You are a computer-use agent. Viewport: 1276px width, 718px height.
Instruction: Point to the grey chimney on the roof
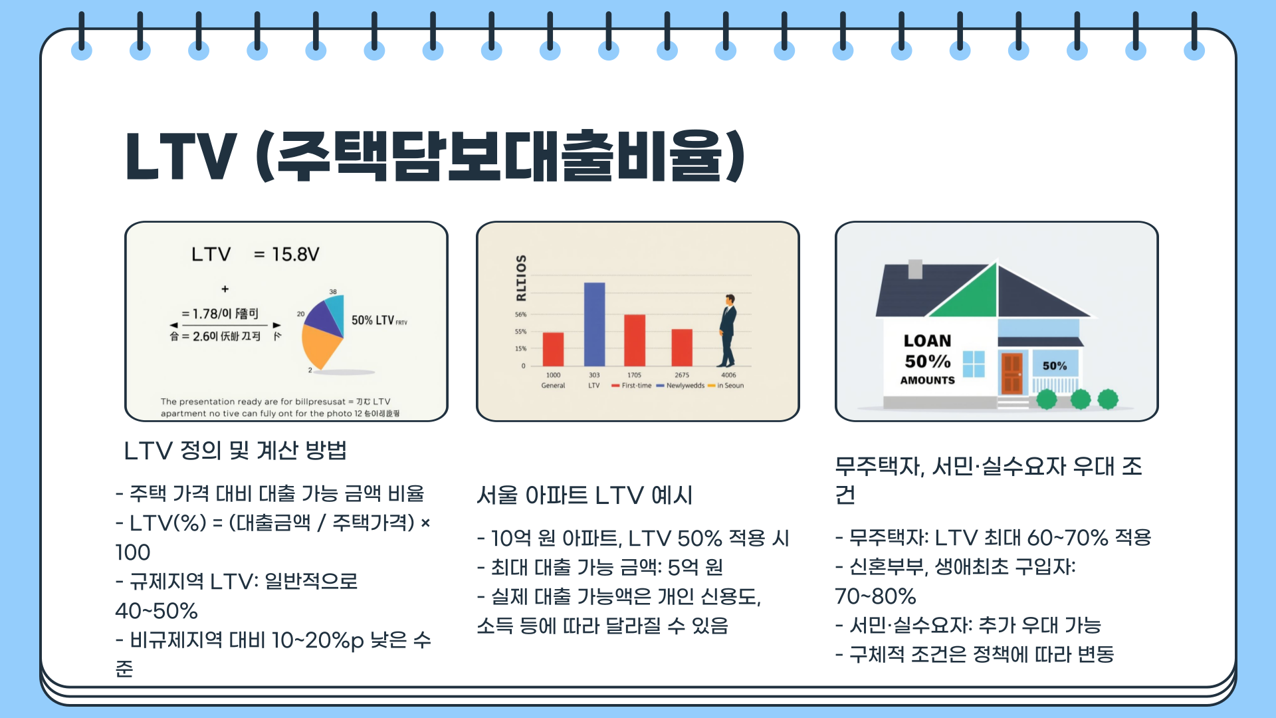(915, 269)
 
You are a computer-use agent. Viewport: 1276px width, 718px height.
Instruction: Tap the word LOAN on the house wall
(927, 341)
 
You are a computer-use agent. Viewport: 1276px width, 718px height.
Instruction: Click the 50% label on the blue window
(1055, 366)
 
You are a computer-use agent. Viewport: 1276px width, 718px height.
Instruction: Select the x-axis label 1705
(634, 375)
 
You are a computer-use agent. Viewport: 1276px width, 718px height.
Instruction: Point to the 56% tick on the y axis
(520, 314)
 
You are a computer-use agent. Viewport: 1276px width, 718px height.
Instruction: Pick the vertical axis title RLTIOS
(521, 277)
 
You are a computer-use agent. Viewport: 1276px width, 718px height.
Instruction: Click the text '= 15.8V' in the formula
(286, 255)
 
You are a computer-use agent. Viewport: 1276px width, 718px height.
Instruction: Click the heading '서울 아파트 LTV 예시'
(584, 495)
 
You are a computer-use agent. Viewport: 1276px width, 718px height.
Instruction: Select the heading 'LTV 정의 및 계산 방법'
(235, 451)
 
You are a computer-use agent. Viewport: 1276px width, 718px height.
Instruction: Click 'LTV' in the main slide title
(180, 157)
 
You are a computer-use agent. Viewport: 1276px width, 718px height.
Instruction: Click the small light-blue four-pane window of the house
(974, 364)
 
